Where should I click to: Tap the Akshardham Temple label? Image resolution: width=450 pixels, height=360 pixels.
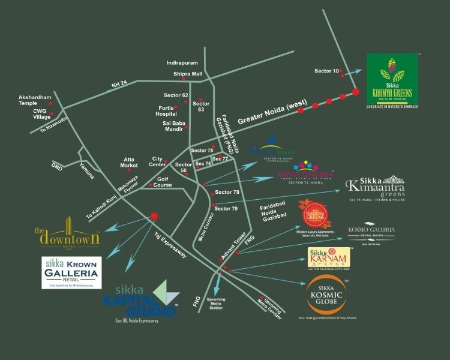tap(35, 100)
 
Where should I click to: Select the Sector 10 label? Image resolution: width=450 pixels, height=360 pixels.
tap(327, 71)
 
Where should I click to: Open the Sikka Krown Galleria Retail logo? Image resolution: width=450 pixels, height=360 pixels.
tap(70, 272)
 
